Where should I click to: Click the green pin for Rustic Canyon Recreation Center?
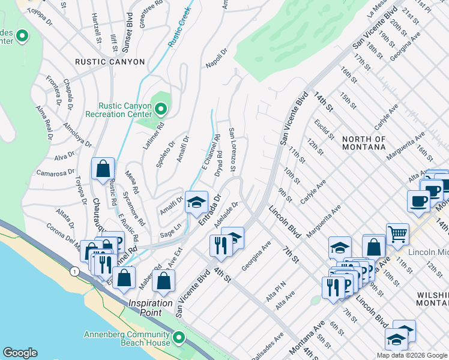point(160,109)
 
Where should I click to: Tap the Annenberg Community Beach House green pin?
point(178,339)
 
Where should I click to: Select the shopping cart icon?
point(397,233)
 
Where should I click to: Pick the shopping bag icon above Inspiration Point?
point(163,281)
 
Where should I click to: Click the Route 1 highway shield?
point(74,272)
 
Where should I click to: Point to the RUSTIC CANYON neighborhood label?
point(110,62)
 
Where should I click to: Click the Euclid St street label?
point(322,128)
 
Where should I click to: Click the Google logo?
point(20,353)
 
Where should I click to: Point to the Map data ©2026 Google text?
point(411,355)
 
